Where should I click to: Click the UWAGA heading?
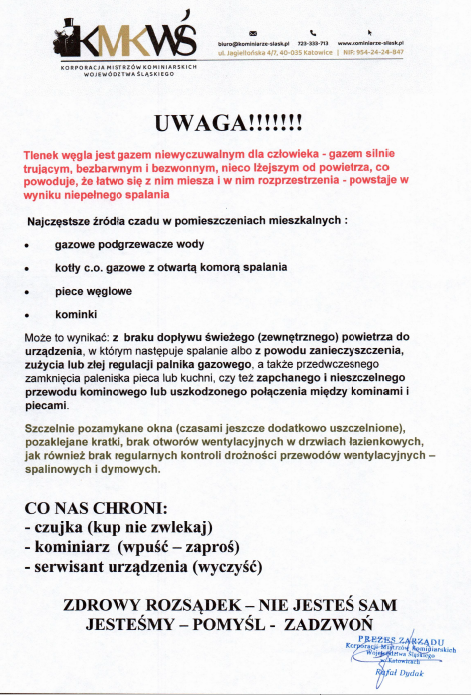click(x=235, y=123)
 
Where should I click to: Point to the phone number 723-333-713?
click(x=313, y=44)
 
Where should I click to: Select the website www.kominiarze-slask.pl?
click(x=375, y=44)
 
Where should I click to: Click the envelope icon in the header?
click(x=252, y=31)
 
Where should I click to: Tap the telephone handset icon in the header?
click(x=312, y=31)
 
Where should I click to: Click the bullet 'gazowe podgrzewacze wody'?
click(x=117, y=243)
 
